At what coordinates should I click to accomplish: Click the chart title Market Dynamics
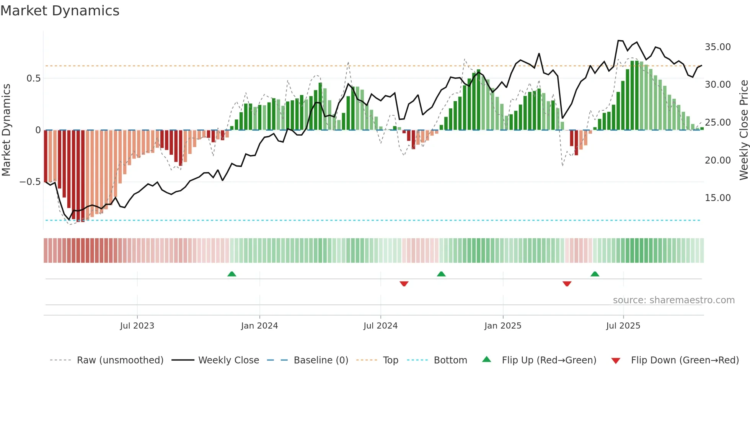click(x=60, y=11)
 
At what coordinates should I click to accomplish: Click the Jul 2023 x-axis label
click(x=137, y=326)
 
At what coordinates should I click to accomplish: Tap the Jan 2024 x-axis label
click(x=259, y=326)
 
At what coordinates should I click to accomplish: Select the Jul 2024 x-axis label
click(x=380, y=326)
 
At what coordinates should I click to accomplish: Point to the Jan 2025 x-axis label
click(x=502, y=326)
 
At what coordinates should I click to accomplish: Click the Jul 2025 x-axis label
click(x=623, y=326)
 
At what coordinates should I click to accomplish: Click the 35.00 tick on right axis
click(x=717, y=47)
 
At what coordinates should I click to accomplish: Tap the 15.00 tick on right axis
click(x=717, y=198)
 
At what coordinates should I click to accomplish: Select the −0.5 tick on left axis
click(x=30, y=182)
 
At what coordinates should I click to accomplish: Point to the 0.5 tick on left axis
click(x=33, y=79)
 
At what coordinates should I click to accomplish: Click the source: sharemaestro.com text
click(x=673, y=300)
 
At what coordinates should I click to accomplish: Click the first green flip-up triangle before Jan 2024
click(x=232, y=274)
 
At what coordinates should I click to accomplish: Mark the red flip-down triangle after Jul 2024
click(x=404, y=284)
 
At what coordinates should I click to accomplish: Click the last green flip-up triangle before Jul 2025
click(x=595, y=274)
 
